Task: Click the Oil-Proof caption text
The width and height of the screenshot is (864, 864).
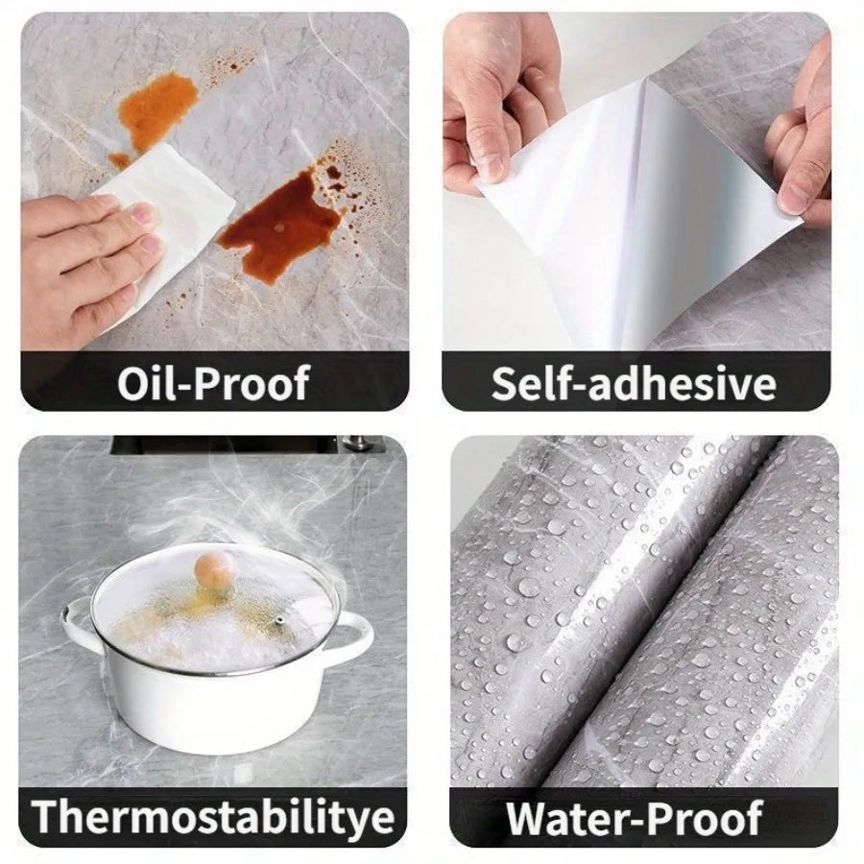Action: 213,382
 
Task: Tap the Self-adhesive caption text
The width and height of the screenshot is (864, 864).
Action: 634,382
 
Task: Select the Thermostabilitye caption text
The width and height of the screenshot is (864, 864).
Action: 213,816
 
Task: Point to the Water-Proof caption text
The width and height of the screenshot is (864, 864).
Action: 634,818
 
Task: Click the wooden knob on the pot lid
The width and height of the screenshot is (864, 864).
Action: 216,573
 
